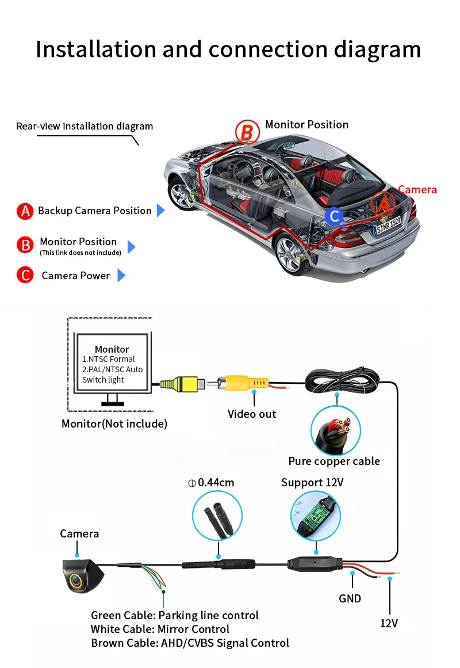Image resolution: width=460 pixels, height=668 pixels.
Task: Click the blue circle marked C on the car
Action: point(334,216)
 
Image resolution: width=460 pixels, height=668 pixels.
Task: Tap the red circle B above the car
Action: point(247,132)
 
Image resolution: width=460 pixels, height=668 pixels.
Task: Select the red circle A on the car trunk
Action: point(383,204)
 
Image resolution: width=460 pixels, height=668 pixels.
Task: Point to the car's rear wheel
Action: point(293,254)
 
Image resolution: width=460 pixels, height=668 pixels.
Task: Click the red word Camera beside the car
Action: point(417,189)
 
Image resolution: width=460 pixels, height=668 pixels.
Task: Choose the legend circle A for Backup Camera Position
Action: point(25,211)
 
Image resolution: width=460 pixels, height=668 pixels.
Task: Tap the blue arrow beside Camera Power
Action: point(121,276)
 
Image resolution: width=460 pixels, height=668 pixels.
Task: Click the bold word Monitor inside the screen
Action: point(112,349)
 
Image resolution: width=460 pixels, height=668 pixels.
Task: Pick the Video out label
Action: point(252,414)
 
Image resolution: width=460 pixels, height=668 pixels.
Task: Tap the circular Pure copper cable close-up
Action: point(336,430)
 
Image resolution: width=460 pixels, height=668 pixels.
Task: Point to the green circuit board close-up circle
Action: point(316,516)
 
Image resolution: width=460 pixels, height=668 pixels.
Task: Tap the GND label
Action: point(350,599)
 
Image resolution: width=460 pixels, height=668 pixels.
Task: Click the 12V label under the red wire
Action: point(389,624)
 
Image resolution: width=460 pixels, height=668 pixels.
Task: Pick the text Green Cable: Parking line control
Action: point(175,616)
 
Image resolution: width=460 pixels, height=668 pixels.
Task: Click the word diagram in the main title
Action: point(377,50)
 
